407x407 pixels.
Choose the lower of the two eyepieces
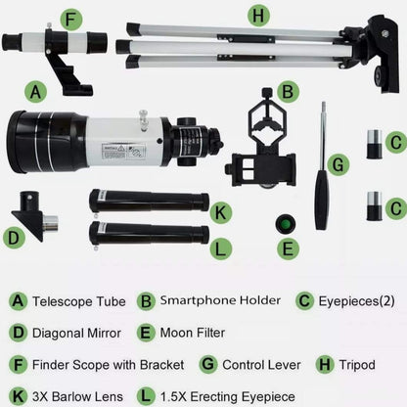[x=372, y=205]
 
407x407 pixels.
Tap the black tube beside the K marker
[x=148, y=201]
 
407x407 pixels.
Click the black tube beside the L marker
[x=148, y=234]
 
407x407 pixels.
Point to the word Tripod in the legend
[x=357, y=365]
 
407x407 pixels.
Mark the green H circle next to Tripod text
[x=325, y=365]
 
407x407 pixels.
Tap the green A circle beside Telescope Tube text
[x=17, y=302]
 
